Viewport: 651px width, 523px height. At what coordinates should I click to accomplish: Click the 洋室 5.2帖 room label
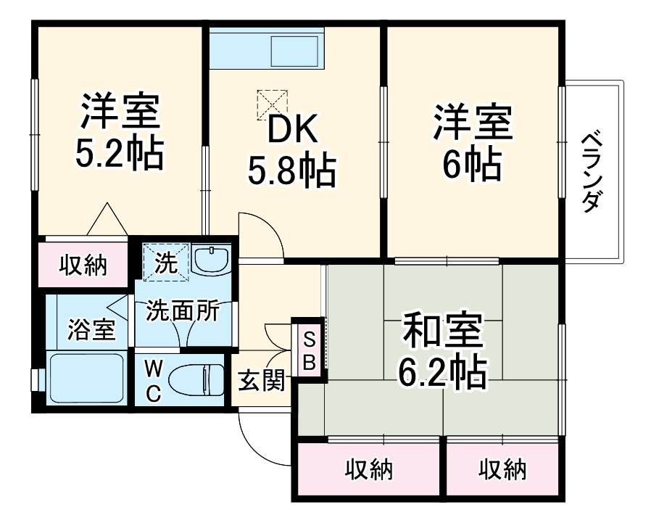(x=120, y=130)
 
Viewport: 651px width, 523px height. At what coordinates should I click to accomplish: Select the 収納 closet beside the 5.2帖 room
(x=83, y=265)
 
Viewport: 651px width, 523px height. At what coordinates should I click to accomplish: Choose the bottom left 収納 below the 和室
(x=368, y=469)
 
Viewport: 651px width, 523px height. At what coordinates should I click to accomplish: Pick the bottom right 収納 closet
(x=502, y=469)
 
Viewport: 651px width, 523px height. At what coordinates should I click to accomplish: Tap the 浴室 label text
(x=91, y=329)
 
